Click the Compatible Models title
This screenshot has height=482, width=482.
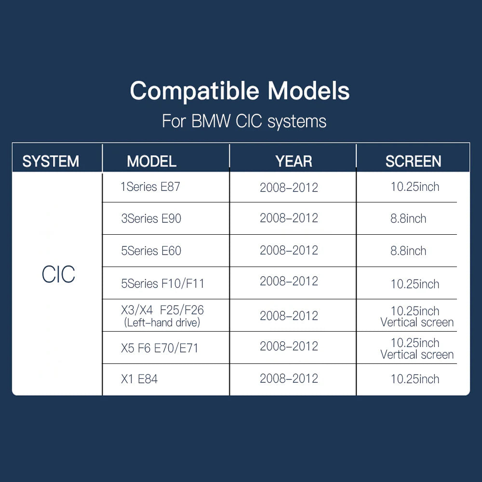(240, 91)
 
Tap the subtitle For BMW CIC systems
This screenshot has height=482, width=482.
(244, 121)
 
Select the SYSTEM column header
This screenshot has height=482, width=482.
(51, 161)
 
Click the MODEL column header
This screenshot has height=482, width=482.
(151, 161)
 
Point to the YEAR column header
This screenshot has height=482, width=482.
(294, 161)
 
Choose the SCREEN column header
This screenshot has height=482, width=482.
(414, 161)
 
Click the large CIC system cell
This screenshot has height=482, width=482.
(58, 274)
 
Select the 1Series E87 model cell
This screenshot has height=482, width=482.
(150, 187)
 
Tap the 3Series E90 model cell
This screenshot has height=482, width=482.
(151, 218)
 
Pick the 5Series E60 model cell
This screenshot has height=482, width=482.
(151, 251)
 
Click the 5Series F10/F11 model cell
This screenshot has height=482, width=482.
(162, 283)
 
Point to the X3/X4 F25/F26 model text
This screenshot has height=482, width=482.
(162, 310)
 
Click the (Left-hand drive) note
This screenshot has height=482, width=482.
(162, 323)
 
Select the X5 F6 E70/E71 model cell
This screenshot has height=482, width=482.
(160, 348)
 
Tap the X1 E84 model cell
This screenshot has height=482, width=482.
(139, 379)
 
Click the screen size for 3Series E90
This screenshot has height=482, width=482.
(408, 218)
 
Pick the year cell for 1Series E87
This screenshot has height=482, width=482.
(289, 187)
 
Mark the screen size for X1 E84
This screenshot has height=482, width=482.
(415, 379)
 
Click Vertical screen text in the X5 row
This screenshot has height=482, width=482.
(417, 355)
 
